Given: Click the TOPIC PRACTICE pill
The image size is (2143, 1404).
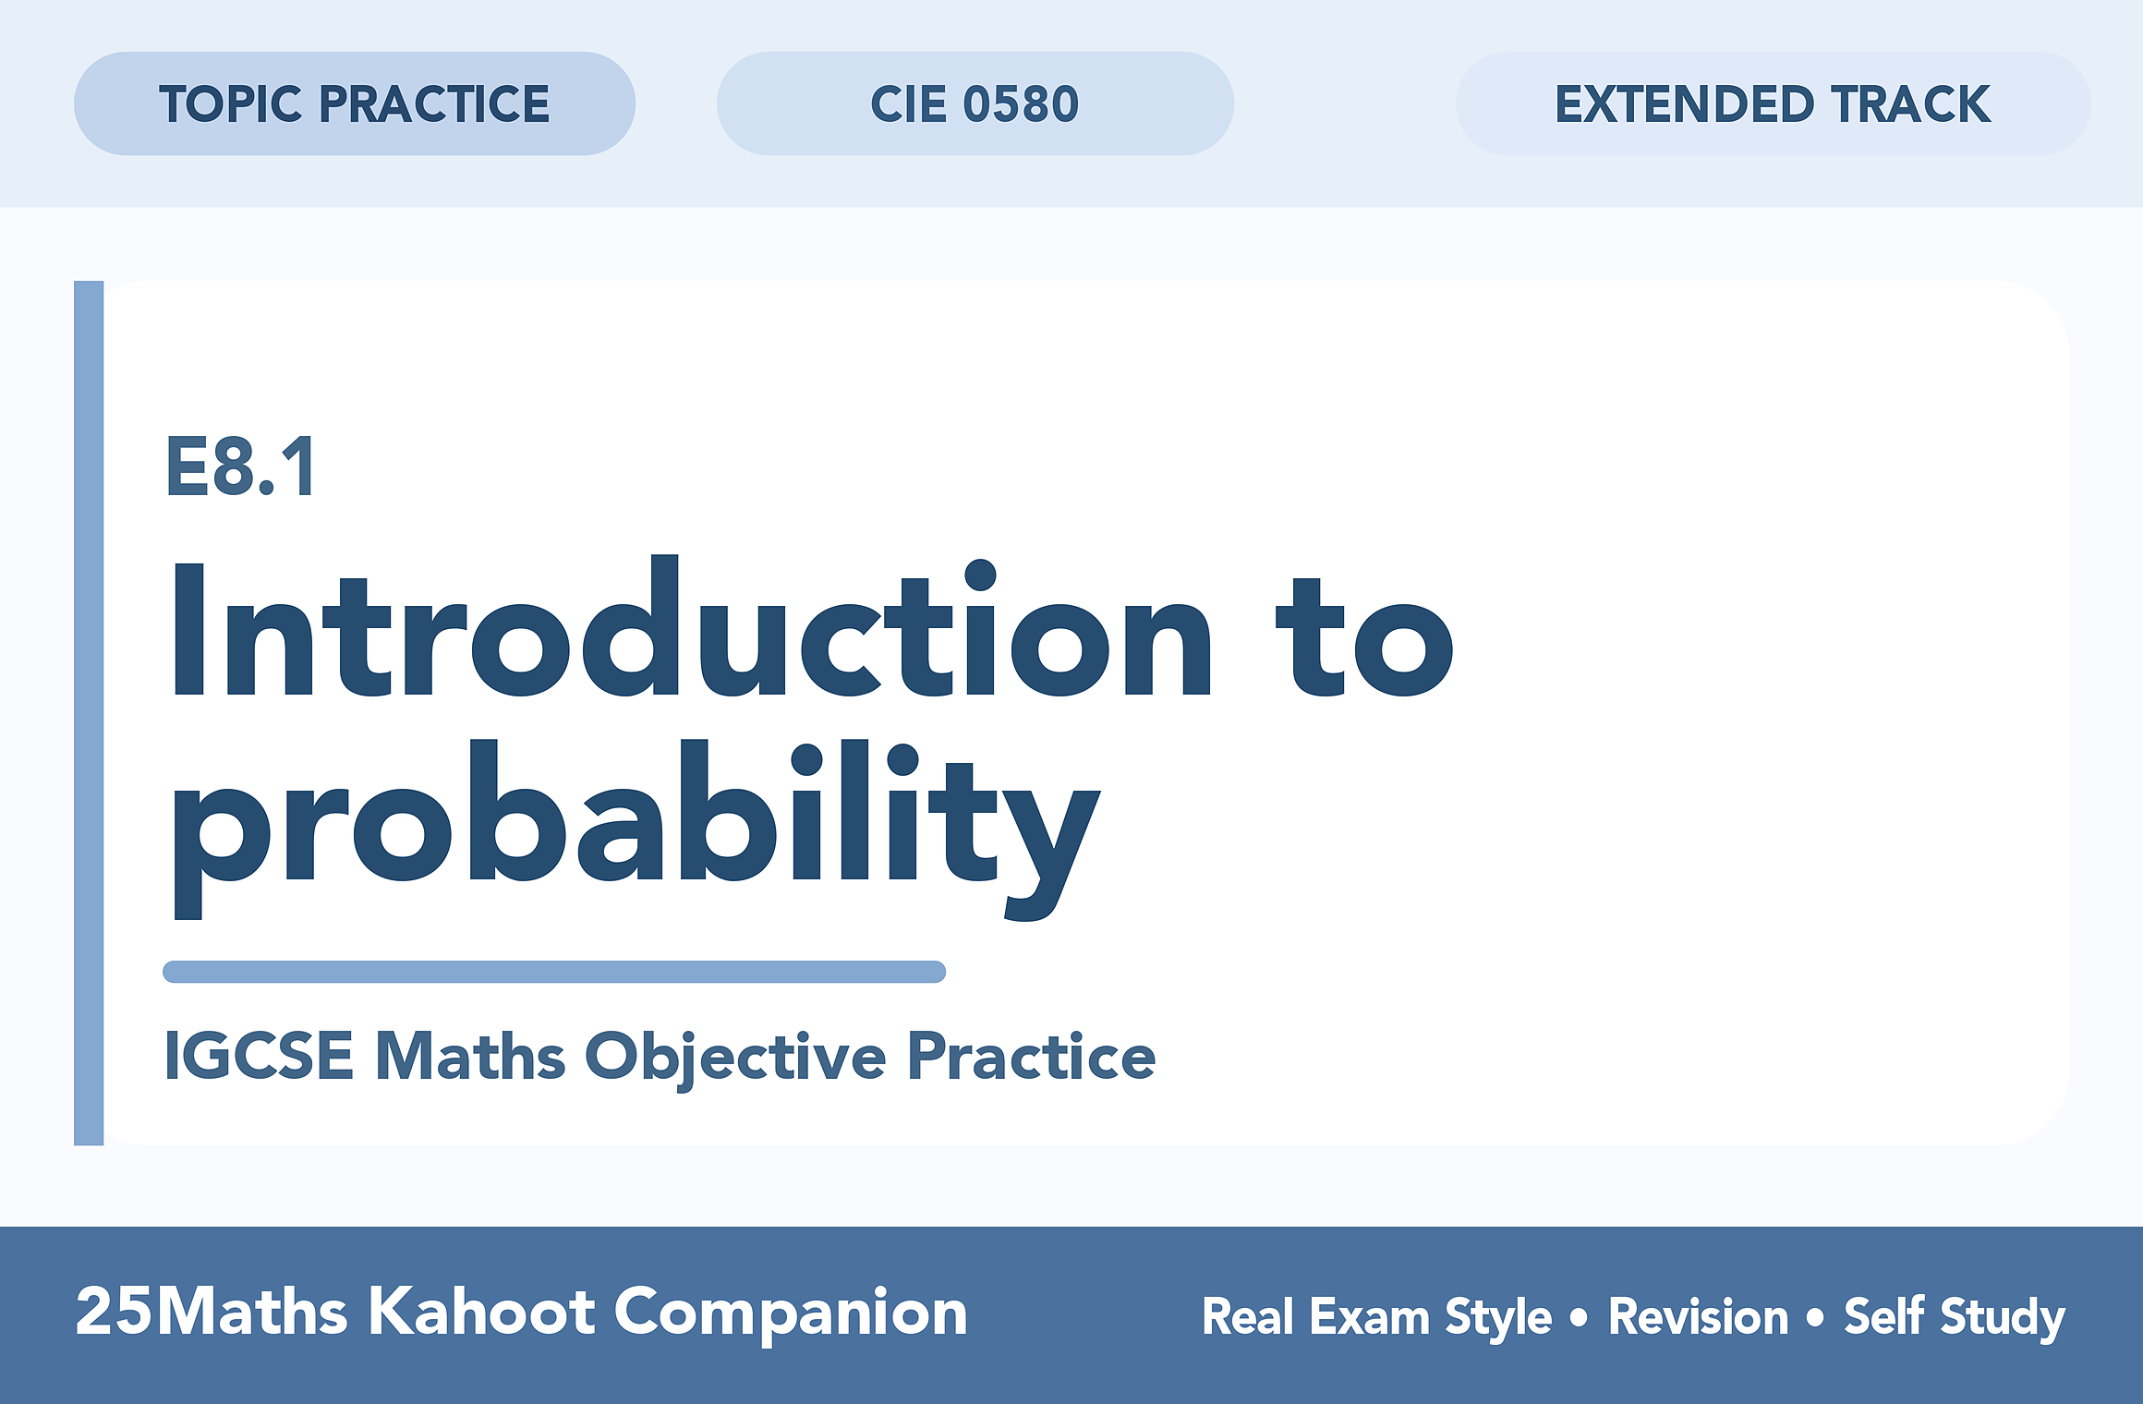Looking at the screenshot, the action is click(355, 103).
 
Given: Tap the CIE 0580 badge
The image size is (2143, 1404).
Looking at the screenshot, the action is click(975, 103).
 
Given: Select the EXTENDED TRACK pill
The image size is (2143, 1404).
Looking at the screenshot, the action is click(1774, 103).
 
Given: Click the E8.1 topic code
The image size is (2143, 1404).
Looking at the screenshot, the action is click(240, 466).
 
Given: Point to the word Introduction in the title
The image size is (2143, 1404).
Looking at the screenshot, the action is click(691, 626).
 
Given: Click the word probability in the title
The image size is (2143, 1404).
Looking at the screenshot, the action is click(636, 829).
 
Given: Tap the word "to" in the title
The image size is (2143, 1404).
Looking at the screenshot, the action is click(1365, 637).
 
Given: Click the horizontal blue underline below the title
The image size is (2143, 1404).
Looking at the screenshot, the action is click(554, 972).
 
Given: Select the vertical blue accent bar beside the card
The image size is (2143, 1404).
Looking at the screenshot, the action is click(89, 713).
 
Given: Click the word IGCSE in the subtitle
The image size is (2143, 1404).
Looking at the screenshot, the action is click(259, 1056).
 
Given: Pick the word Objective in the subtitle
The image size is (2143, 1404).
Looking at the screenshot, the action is click(735, 1059).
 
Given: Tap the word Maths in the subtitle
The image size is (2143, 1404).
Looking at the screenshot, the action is click(470, 1056).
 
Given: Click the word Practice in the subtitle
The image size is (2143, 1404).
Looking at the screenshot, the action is click(1031, 1055).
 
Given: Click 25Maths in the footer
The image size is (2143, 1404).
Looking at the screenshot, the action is click(212, 1311).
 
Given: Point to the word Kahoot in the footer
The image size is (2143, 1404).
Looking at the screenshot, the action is click(483, 1311).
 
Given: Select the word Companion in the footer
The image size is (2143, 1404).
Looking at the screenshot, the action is click(791, 1313).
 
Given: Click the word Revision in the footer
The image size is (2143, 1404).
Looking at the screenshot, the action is click(1699, 1316).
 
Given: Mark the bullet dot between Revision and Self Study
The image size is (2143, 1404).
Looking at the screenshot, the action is click(1815, 1317).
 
